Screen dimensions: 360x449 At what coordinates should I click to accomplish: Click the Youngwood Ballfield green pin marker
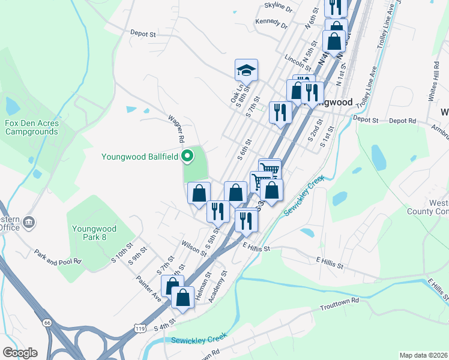(187, 157)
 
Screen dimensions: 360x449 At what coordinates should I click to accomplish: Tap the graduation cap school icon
(246, 71)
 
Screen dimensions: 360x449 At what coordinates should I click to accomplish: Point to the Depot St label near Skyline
(143, 35)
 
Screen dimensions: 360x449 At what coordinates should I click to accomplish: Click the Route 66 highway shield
(46, 322)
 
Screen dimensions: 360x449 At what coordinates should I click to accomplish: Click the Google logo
(20, 353)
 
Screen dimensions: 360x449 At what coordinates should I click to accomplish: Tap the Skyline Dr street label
(278, 8)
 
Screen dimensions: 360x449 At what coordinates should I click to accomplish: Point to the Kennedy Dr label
(272, 23)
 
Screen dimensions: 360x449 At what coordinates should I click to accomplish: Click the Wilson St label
(194, 248)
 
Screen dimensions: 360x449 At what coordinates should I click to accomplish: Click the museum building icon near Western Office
(28, 224)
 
